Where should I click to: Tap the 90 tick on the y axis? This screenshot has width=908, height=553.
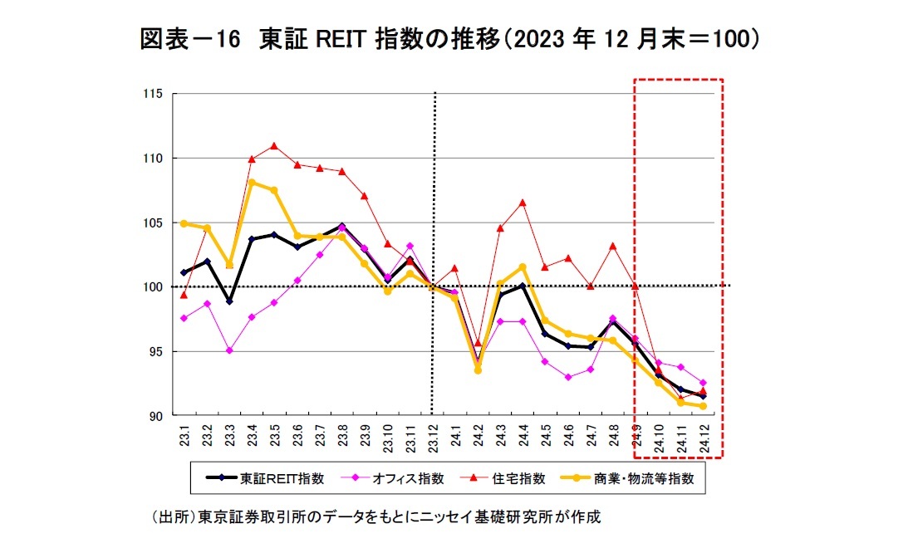[x=153, y=415]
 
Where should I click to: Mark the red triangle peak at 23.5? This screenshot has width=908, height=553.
[x=274, y=146]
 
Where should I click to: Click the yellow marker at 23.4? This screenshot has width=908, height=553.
[x=252, y=182]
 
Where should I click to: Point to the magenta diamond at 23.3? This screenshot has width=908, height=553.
[x=229, y=350]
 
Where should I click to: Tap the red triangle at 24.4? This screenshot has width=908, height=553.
[x=523, y=203]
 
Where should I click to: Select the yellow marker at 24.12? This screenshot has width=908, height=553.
[x=703, y=406]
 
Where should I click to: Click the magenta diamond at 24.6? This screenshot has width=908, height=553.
[x=568, y=377]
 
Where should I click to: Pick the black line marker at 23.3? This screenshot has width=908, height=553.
[x=229, y=301]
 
